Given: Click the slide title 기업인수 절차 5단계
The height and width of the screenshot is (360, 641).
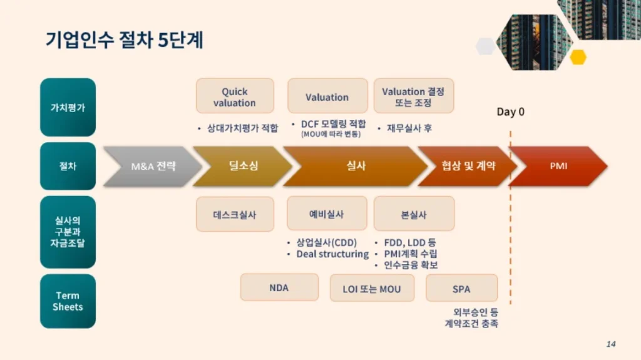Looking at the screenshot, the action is coord(125,40).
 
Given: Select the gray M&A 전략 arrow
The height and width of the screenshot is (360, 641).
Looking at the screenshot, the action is coord(152,166).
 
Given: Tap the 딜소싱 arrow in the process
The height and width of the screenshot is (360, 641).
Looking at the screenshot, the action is coord(243,166).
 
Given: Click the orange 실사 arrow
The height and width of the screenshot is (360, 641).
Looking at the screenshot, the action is coord(356,166).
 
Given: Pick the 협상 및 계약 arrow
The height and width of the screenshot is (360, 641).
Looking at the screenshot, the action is coord(468,166).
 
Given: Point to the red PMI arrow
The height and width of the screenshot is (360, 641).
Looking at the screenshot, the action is coord(558,166).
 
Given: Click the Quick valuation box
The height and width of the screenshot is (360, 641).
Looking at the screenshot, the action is coord(235,96).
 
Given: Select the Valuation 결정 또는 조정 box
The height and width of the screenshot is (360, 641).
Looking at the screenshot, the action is coord(413,96).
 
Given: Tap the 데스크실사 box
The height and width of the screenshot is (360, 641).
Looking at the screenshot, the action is coord(235,214).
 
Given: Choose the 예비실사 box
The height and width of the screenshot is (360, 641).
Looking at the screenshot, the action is coord(327,213).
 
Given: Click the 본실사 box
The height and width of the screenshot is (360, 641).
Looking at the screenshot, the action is coord(414,214).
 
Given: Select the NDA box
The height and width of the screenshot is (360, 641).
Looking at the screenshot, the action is coord(279,287).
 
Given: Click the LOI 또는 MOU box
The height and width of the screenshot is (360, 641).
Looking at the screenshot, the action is coord(372,289).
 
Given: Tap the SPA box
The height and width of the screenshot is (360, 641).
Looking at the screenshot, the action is coord(461,289).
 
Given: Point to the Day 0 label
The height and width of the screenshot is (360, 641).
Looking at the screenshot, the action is coord(511,111).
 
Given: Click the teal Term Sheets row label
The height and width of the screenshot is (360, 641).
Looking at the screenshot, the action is coord(68,301).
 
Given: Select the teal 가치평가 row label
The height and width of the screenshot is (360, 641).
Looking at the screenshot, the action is coord(68,107).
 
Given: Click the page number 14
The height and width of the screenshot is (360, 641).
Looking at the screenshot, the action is coord(611,344).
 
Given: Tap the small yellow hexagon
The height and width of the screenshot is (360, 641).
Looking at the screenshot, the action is coord(578,57).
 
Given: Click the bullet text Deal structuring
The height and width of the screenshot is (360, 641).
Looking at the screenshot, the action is coord(332,254).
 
